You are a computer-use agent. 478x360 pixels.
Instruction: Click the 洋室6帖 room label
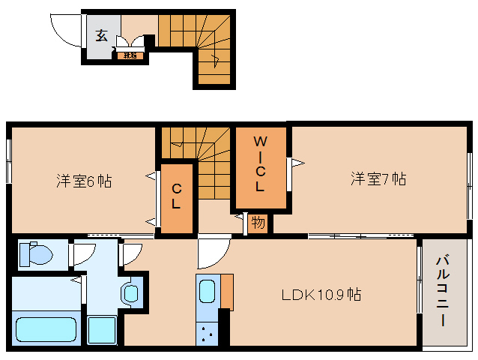[83, 181]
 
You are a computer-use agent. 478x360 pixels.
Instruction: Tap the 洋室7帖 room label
[378, 179]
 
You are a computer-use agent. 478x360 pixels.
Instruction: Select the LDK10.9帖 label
[321, 295]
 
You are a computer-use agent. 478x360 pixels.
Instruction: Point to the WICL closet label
[259, 164]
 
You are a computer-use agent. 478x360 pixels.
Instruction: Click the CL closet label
[176, 196]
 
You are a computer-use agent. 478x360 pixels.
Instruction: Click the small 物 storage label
[258, 223]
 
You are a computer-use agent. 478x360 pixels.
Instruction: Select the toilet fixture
[35, 255]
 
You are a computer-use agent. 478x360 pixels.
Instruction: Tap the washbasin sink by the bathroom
[130, 292]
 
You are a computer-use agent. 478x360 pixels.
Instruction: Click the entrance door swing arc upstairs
[63, 30]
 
